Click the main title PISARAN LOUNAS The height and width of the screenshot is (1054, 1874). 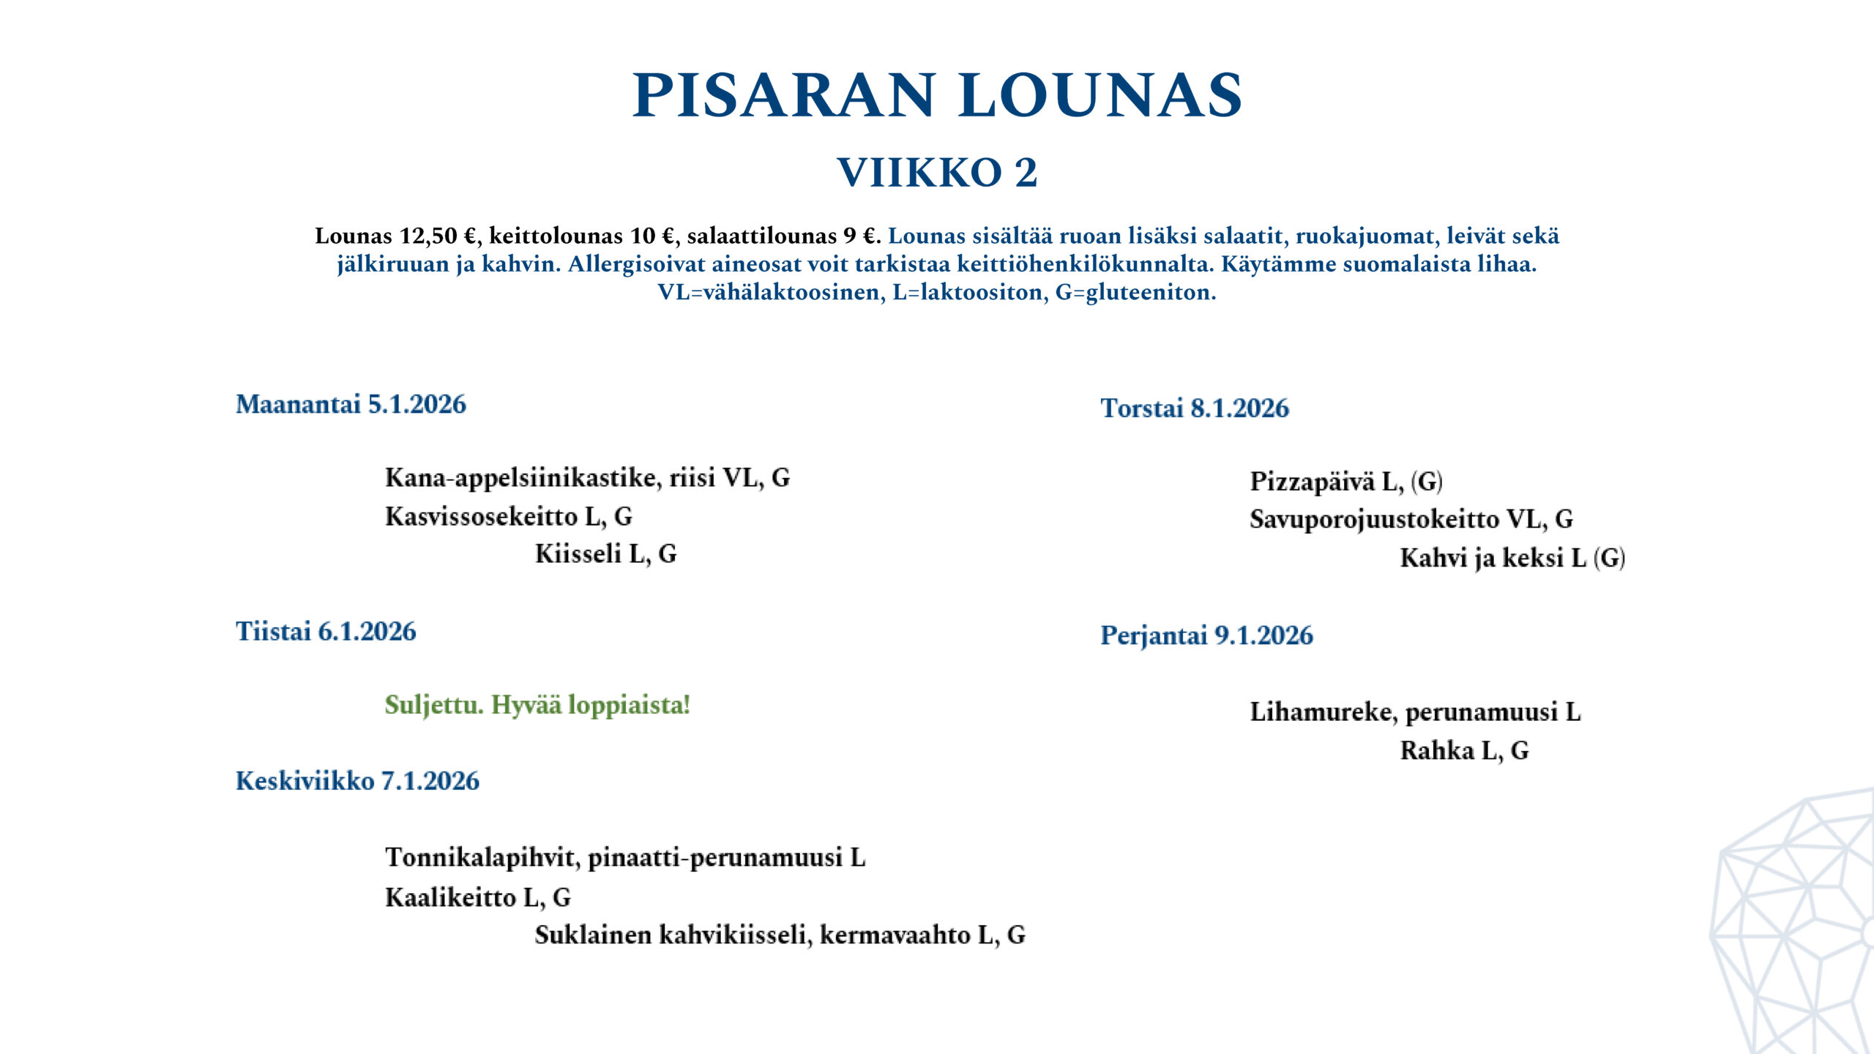click(x=937, y=96)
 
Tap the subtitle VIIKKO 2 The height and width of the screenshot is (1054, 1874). click(x=937, y=173)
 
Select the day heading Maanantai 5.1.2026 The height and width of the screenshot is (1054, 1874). click(x=351, y=404)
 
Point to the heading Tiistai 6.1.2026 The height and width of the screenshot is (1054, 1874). click(x=326, y=631)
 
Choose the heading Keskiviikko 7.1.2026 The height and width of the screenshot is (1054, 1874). click(x=357, y=781)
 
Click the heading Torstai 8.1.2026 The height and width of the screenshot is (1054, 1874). click(x=1195, y=408)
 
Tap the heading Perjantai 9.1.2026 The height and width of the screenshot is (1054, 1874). click(x=1206, y=635)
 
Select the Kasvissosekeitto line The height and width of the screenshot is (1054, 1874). click(x=508, y=517)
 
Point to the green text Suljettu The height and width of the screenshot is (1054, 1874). click(x=434, y=705)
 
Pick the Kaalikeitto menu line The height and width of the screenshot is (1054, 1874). click(x=477, y=897)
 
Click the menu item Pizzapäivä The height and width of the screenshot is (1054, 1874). click(x=1312, y=482)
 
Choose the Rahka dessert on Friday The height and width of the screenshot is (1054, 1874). click(x=1464, y=751)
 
